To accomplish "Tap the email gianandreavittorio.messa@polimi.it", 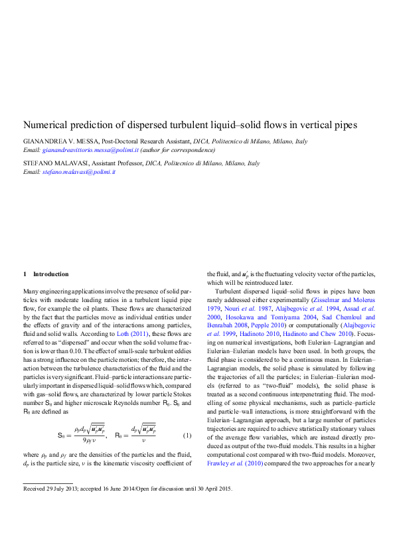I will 89,150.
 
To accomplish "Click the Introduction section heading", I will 50,274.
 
